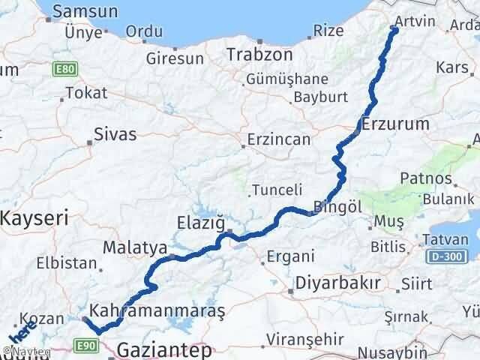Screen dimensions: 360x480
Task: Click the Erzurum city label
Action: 395,124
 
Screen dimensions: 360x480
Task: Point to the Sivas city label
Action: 115,134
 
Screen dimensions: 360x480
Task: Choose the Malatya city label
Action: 130,247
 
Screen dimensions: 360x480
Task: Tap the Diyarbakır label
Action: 338,284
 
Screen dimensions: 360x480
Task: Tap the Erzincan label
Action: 280,139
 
